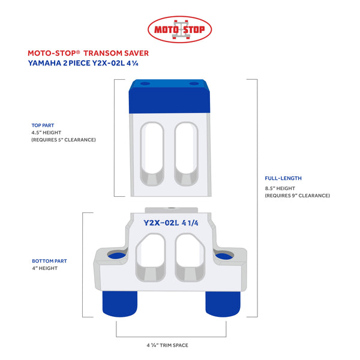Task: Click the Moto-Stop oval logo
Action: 179,29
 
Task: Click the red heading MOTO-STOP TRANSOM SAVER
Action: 88,53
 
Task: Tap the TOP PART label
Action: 43,125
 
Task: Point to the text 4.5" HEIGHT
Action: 46,133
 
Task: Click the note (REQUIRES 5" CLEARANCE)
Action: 64,140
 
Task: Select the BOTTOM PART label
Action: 49,261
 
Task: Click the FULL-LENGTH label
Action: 283,178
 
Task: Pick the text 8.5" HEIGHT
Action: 280,188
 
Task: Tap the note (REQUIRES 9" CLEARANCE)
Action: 298,196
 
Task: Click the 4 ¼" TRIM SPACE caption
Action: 167,345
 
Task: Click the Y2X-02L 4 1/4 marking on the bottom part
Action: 170,223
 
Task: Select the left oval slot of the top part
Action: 152,154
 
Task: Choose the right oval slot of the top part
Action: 186,154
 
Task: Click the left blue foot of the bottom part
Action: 120,304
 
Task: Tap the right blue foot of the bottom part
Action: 223,304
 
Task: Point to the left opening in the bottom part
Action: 151,257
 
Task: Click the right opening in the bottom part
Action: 190,257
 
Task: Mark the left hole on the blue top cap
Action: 145,83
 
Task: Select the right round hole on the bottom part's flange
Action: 224,255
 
